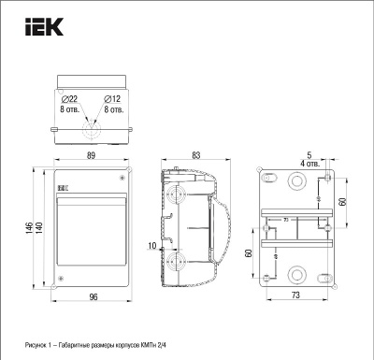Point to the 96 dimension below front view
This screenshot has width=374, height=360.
click(x=93, y=296)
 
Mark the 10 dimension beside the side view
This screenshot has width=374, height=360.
click(x=151, y=246)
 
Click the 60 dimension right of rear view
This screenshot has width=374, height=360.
click(x=343, y=202)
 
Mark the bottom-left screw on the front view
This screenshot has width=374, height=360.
click(x=61, y=280)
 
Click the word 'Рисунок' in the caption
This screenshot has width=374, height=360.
click(x=39, y=346)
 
